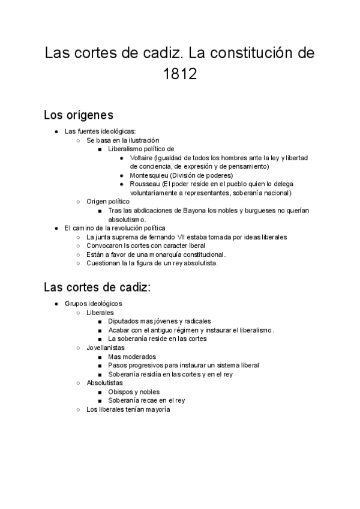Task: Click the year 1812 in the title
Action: [180, 75]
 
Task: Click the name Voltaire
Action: [141, 158]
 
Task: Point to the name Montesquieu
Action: [150, 175]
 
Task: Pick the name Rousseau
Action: [145, 184]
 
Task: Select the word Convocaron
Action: [105, 245]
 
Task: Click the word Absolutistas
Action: [105, 382]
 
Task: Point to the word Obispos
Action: [120, 391]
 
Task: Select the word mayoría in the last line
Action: [157, 409]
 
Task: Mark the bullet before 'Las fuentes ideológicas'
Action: [56, 131]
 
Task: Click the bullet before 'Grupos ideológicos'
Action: [56, 304]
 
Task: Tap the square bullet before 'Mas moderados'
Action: [100, 357]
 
